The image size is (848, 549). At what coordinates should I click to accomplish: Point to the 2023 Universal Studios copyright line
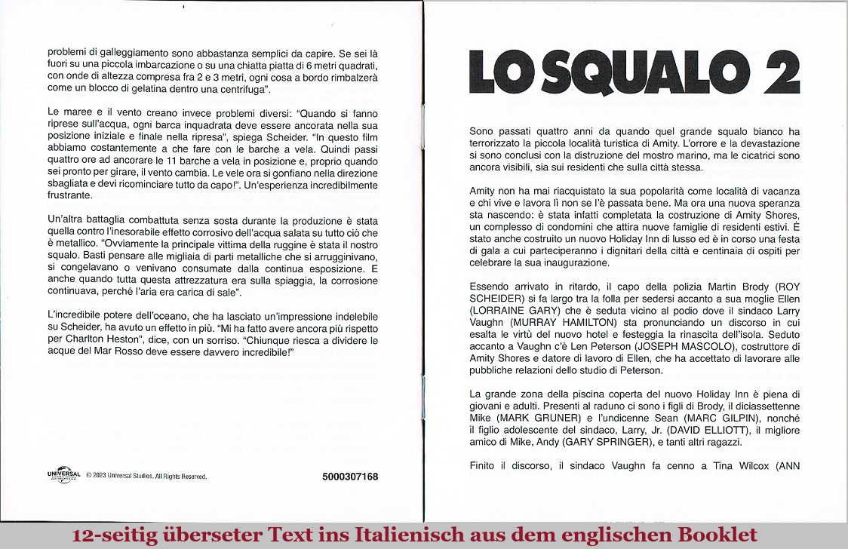tap(146, 477)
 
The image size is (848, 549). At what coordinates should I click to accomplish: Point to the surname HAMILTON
tap(585, 322)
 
